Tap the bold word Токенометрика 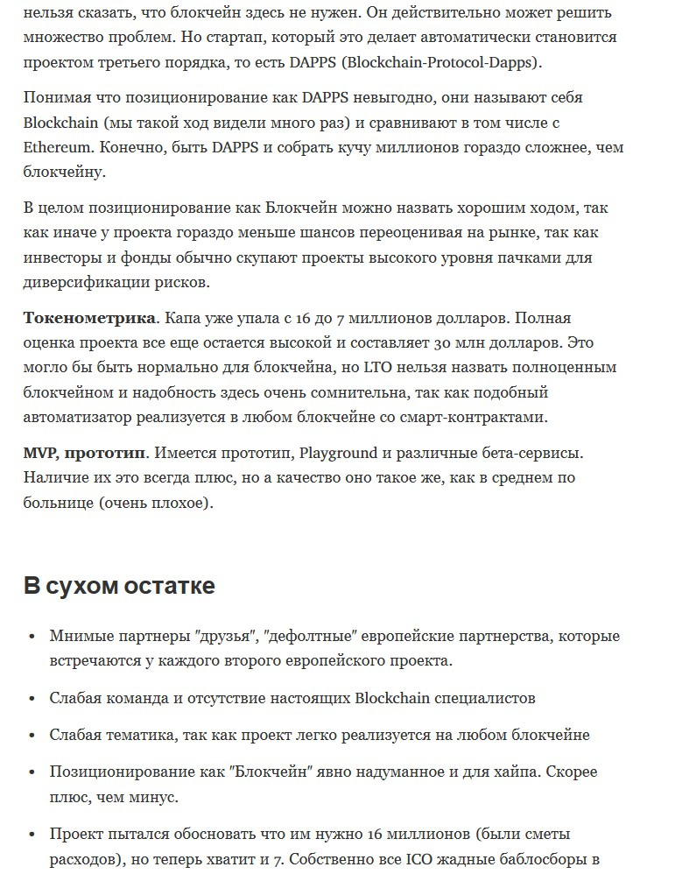(89, 318)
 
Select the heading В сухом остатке (119, 586)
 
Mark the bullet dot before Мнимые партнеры (32, 637)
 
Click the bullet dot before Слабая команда (32, 699)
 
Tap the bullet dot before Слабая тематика (32, 736)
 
